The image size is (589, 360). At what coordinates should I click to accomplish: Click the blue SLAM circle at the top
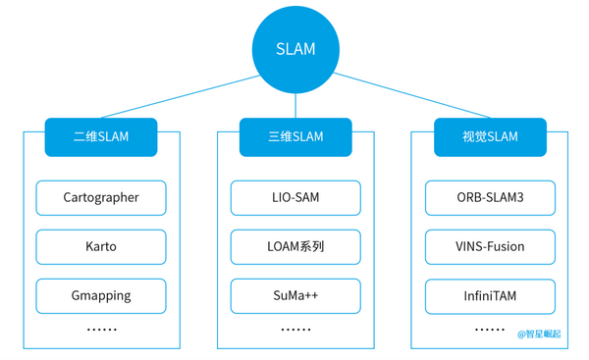[x=295, y=48]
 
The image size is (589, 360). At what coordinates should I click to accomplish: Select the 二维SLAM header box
[x=101, y=136]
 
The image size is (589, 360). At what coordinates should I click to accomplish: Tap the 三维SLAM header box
[x=295, y=136]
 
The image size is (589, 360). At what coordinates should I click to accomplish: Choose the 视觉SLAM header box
[x=490, y=136]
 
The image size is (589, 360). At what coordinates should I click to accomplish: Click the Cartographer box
[x=101, y=197]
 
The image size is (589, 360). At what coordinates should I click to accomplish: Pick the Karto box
[x=101, y=246]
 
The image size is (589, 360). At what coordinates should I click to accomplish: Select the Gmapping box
[x=101, y=295]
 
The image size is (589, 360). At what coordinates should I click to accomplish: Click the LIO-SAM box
[x=295, y=197]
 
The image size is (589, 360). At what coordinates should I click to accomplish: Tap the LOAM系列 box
[x=295, y=246]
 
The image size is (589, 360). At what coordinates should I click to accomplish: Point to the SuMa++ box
[x=295, y=295]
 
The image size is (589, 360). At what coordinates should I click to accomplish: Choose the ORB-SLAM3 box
[x=490, y=197]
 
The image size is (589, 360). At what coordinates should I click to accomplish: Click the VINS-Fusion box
[x=490, y=246]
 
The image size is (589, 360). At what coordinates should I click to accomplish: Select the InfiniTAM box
[x=490, y=295]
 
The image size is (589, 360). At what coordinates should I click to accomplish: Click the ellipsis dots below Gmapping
[x=101, y=330]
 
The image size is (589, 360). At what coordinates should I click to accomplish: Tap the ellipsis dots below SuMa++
[x=295, y=330]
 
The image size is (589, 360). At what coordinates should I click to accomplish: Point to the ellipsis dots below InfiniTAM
[x=490, y=330]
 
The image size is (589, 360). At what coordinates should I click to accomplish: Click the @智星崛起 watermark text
[x=539, y=334]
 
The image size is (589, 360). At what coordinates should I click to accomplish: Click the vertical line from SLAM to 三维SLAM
[x=295, y=106]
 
